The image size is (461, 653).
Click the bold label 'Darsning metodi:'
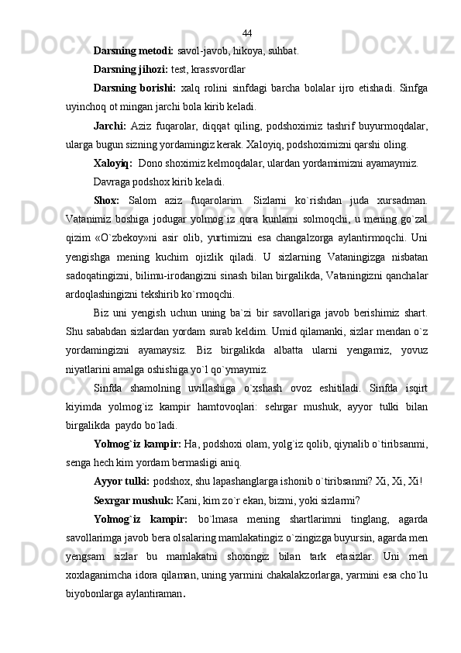pyautogui.click(x=134, y=52)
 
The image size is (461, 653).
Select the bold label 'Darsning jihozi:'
pyautogui.click(x=130, y=70)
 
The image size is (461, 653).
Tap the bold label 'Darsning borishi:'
pyautogui.click(x=135, y=88)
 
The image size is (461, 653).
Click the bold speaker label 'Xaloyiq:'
pyautogui.click(x=112, y=164)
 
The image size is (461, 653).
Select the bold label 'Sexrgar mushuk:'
pyautogui.click(x=133, y=518)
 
